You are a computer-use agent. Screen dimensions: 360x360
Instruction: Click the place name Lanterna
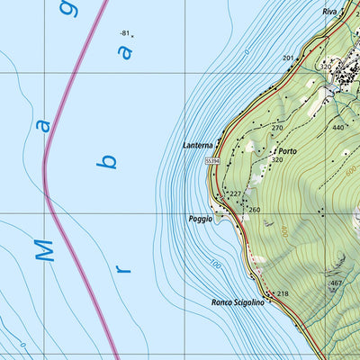[x=198, y=146]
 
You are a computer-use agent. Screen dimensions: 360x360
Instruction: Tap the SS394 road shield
[x=212, y=160]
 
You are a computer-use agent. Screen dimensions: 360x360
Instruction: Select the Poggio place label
[x=201, y=219]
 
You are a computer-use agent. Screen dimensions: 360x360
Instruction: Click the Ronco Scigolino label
[x=238, y=302]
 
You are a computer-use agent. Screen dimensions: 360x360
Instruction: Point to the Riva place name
[x=330, y=12]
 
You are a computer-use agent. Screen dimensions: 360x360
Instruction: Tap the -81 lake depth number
[x=124, y=33]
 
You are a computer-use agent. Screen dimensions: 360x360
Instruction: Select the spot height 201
[x=288, y=58]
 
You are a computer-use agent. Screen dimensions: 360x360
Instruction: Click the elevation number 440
[x=337, y=128]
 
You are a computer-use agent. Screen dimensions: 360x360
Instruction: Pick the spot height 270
[x=277, y=128]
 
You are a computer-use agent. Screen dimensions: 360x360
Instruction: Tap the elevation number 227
[x=235, y=193]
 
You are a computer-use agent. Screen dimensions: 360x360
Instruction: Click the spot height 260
[x=254, y=211]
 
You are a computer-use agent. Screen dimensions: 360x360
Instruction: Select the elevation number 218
[x=283, y=294]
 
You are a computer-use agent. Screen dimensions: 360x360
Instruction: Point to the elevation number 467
[x=336, y=283]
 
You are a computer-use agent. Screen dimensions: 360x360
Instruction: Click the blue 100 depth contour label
[x=215, y=264]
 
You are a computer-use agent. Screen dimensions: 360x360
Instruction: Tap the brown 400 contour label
[x=283, y=231]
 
